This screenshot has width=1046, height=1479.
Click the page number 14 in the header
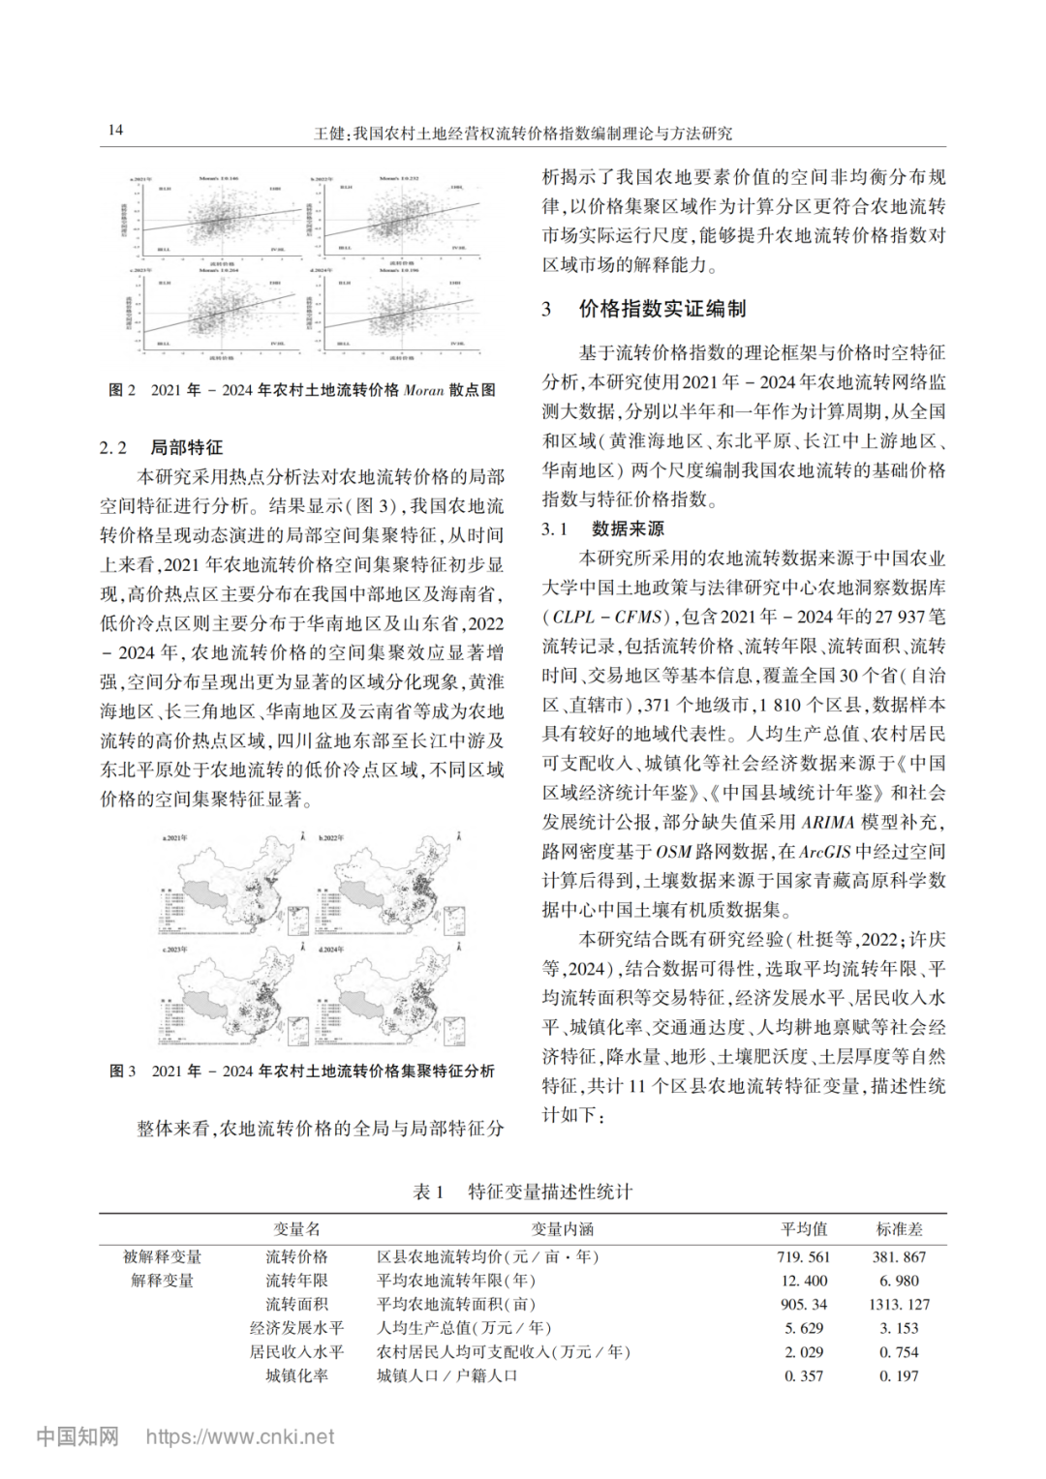pyautogui.click(x=115, y=130)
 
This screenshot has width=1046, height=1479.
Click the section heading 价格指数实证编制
pyautogui.click(x=662, y=309)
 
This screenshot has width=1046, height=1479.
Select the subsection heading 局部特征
pyautogui.click(x=186, y=447)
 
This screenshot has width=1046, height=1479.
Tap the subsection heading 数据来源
pyautogui.click(x=628, y=528)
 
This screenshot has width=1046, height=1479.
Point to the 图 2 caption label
pyautogui.click(x=122, y=390)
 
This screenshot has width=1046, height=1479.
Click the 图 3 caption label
pyautogui.click(x=123, y=1072)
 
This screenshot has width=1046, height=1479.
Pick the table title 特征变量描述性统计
pyautogui.click(x=549, y=1192)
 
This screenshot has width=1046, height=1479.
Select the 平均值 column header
pyautogui.click(x=804, y=1229)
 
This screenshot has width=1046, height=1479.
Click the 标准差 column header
pyautogui.click(x=899, y=1229)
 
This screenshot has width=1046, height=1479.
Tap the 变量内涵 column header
pyautogui.click(x=562, y=1229)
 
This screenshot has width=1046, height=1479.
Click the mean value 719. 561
pyautogui.click(x=804, y=1257)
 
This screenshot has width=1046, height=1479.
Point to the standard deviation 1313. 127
pyautogui.click(x=899, y=1305)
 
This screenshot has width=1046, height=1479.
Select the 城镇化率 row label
pyautogui.click(x=296, y=1375)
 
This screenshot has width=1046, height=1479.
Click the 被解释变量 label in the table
pyautogui.click(x=162, y=1257)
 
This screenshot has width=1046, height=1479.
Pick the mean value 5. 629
pyautogui.click(x=804, y=1328)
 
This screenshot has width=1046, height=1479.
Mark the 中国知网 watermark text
pyautogui.click(x=77, y=1436)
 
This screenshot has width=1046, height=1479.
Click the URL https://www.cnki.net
pyautogui.click(x=240, y=1436)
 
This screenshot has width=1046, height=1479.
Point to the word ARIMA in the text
pyautogui.click(x=827, y=822)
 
